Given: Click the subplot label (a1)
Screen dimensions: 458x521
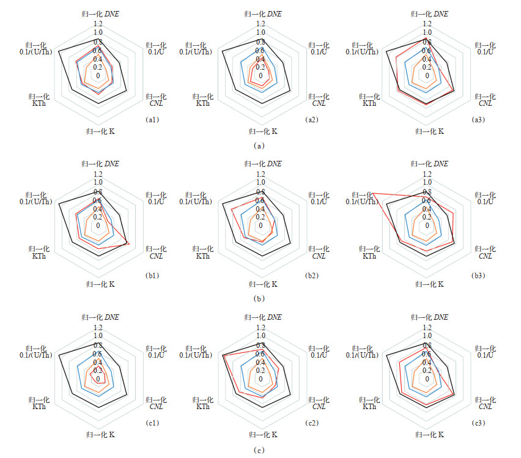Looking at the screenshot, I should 153,120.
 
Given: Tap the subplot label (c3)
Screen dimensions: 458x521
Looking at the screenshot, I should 479,423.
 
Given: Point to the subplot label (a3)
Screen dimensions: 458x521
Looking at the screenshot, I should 479,120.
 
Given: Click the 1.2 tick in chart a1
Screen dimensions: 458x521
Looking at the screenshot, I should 98,24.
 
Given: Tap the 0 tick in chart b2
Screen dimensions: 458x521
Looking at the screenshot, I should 261,226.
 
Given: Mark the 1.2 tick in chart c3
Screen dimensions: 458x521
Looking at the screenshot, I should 427,327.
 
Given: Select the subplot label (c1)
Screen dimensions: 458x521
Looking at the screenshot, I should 153,423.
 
